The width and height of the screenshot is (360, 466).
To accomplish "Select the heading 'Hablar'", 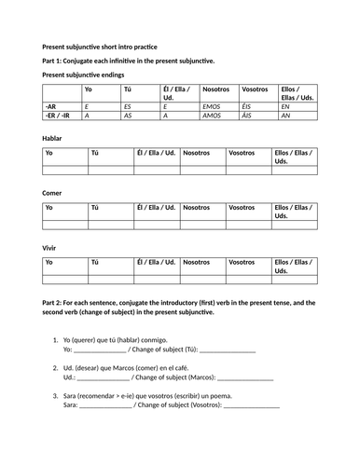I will click(x=53, y=137).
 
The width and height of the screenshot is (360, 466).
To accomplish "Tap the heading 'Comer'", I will click(x=53, y=193).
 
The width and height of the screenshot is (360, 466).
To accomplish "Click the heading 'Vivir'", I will click(x=51, y=249).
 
